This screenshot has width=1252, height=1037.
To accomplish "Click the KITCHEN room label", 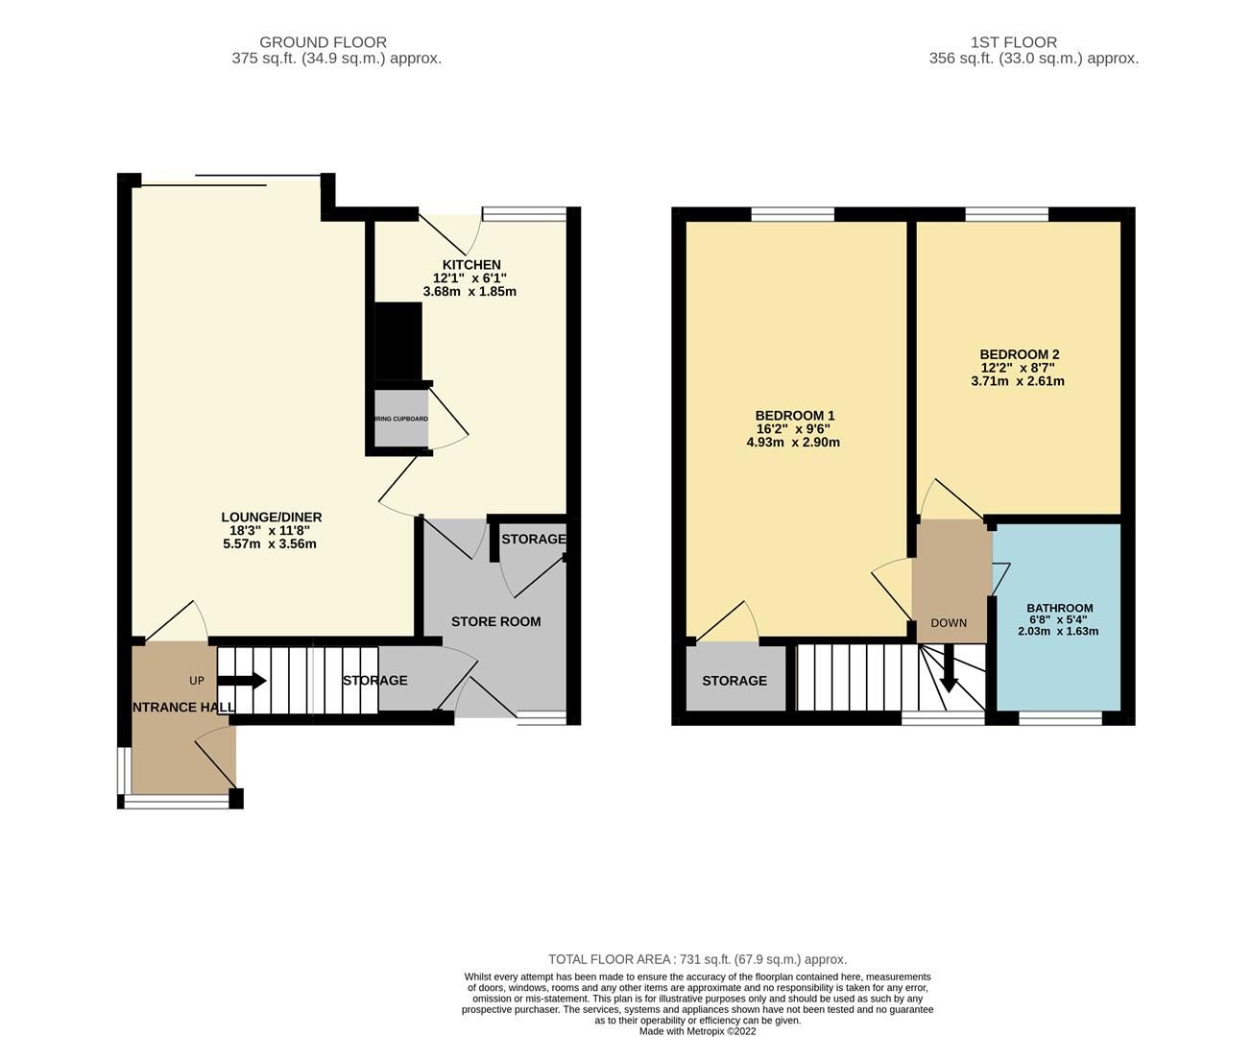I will point(470,265).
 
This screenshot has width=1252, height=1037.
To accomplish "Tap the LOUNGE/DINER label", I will point(271,518).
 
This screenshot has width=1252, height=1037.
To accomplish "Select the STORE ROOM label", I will point(495,621).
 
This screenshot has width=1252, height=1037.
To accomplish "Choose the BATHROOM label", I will point(1059,608).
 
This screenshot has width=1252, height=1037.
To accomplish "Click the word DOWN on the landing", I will point(949,623).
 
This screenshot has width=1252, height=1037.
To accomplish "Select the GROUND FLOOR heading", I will point(323,42).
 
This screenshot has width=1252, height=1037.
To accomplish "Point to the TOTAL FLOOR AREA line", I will point(697,959).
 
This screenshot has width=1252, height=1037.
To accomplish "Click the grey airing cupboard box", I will point(400,419).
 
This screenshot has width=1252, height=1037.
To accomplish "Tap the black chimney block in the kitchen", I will point(397,341).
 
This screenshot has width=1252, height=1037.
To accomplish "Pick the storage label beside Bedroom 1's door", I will point(734,681).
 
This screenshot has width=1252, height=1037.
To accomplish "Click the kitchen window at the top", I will point(523,215).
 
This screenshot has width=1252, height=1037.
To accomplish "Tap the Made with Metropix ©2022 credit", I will point(698,1031).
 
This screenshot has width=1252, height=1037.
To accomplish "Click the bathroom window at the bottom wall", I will point(1060,717).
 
